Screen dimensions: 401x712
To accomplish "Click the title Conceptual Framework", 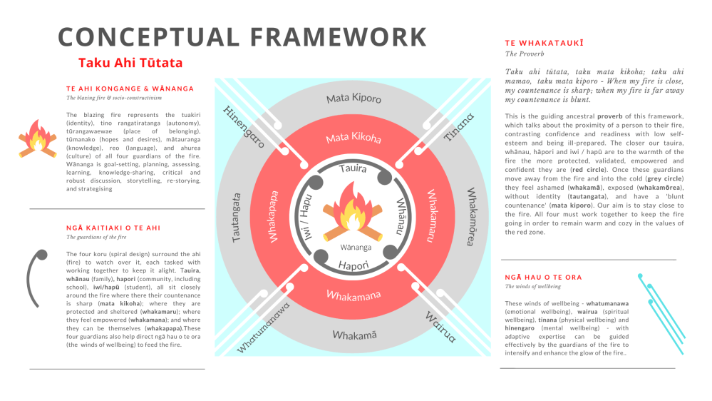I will (242, 36).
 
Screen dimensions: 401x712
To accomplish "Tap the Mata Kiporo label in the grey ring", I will (354, 98).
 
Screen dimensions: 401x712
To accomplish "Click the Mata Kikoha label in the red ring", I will (354, 138).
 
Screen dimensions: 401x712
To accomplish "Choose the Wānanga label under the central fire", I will (354, 248).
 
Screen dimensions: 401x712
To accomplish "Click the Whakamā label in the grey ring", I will (354, 333).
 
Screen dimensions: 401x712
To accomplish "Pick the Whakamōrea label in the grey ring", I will (471, 216).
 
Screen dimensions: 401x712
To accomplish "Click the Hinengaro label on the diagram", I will (244, 126).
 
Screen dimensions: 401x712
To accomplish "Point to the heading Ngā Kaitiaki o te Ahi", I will (113, 228).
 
